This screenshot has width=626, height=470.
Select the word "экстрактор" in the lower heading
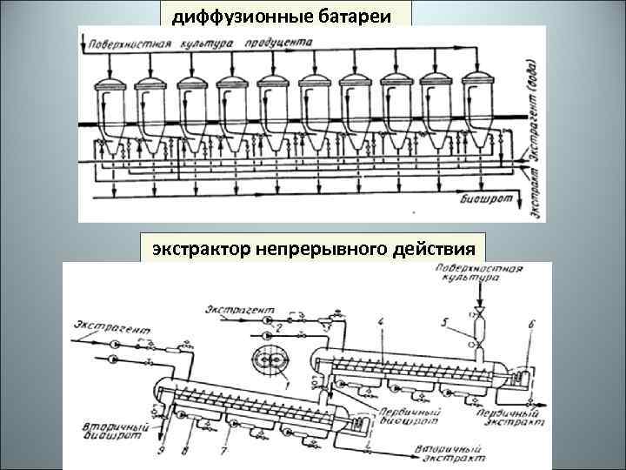click(202, 250)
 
